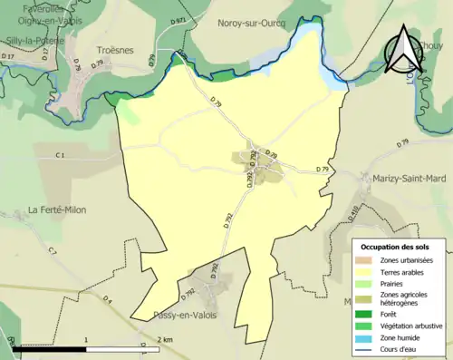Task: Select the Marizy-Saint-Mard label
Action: [x=404, y=179]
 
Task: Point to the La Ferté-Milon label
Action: [x=56, y=209]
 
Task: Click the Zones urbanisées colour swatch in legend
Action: [x=364, y=261]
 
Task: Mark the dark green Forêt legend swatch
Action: [x=364, y=314]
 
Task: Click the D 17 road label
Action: [x=9, y=56]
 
